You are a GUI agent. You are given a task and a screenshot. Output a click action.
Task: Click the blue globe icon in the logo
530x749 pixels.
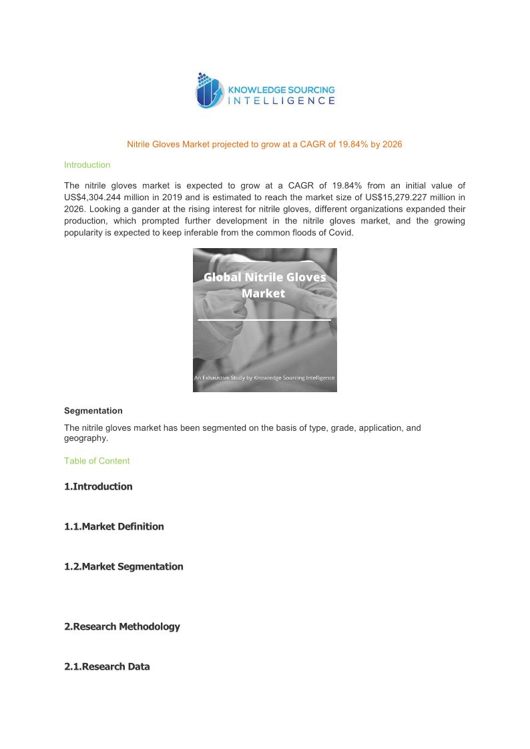coord(208,92)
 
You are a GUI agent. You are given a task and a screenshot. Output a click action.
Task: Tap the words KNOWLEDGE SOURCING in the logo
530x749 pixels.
coord(282,89)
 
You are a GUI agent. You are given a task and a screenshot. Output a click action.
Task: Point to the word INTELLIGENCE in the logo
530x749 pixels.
coord(282,101)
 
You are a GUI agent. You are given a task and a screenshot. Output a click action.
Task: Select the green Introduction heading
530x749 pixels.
coord(87,165)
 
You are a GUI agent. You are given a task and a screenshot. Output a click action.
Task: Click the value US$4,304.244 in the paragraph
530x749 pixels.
coord(94,197)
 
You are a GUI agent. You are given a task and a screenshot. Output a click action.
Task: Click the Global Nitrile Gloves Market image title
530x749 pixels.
coord(264,285)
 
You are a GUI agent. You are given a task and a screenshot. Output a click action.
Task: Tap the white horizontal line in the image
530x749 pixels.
coord(264,320)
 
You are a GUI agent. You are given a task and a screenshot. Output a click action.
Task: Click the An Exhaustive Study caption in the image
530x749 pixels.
coord(264,378)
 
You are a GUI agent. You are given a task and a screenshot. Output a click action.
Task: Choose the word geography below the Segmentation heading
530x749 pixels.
coord(85,439)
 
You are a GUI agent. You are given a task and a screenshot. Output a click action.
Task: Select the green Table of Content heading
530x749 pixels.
coord(97,461)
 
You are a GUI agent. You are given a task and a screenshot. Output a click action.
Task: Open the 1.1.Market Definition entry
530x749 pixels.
coord(113,526)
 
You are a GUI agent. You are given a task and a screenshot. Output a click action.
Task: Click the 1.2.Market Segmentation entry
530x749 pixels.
coord(123,566)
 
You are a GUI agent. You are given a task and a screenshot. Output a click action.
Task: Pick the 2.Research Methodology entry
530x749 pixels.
coord(121,626)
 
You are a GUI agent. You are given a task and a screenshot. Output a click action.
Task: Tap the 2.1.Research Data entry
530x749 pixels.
coord(107,666)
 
